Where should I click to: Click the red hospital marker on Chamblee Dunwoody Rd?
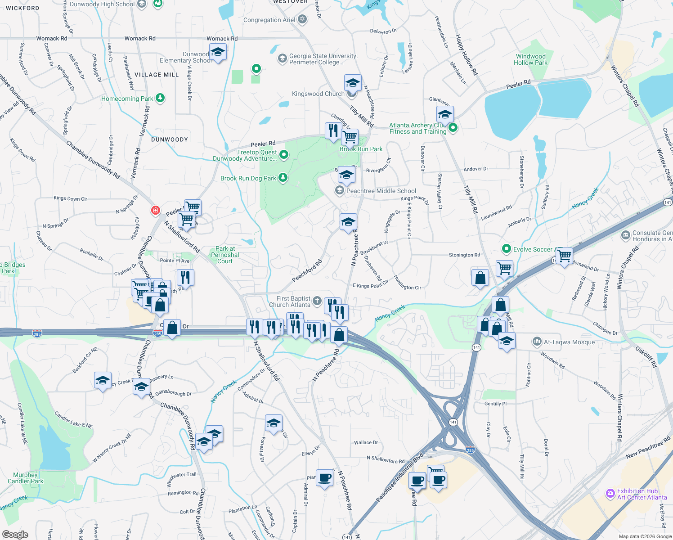tap(156, 210)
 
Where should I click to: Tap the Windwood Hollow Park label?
tap(530, 60)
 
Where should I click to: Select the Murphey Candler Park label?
tap(26, 478)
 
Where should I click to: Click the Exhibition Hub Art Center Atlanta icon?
tap(610, 494)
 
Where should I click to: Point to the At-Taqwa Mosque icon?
tap(537, 342)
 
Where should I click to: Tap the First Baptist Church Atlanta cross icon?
tap(317, 301)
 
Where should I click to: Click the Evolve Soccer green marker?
tap(507, 249)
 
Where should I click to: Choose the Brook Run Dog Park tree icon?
tap(283, 178)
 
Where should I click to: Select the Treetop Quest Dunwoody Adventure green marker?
tap(284, 155)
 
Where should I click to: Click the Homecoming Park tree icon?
tap(160, 98)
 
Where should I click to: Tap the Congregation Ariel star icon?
tap(302, 19)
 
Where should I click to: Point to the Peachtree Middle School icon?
tap(339, 191)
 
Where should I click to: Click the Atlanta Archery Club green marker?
tap(453, 128)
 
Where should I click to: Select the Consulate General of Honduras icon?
tap(625, 235)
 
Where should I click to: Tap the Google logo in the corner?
tap(15, 534)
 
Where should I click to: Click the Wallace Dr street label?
tap(366, 442)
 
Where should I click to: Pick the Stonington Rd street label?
tap(464, 255)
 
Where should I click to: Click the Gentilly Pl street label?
tap(495, 404)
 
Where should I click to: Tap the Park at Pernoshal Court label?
tap(225, 255)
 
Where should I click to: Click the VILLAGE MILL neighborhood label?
tap(157, 75)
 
